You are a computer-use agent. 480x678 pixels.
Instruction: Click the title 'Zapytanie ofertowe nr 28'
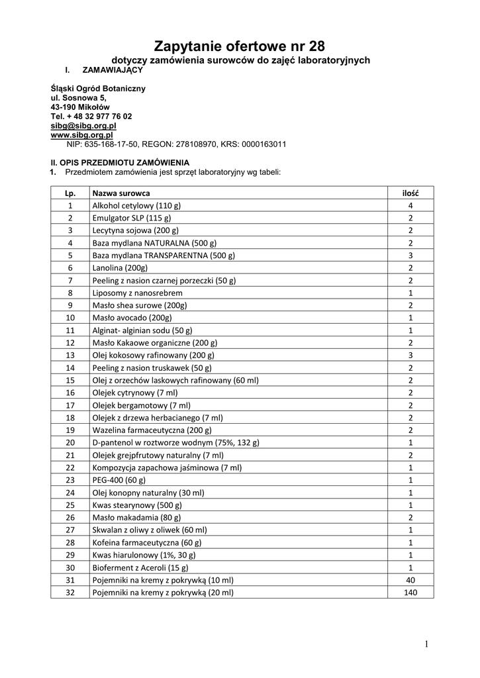240,46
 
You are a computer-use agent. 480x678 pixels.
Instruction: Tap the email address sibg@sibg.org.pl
83,125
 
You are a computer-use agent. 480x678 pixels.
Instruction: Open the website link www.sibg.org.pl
81,134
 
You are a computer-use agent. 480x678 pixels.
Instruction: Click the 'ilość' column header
410,193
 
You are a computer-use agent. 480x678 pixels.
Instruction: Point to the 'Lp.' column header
70,193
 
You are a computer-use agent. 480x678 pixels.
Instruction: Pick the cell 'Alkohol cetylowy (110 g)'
136,205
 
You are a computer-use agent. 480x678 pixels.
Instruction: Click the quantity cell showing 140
410,593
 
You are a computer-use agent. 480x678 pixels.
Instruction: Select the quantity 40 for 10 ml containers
410,580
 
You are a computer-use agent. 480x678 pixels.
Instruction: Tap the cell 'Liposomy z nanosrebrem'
137,293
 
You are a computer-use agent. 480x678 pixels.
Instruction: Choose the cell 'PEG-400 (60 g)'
119,480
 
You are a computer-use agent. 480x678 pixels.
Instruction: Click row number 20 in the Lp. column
70,442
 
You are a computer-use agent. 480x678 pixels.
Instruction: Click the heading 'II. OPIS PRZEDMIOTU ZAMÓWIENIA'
120,162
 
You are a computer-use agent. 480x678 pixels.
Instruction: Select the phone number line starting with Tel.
91,116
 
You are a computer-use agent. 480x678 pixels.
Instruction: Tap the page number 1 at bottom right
427,644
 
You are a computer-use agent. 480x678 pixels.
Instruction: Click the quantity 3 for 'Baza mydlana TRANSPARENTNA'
410,255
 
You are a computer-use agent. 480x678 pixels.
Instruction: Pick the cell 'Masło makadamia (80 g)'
136,517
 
